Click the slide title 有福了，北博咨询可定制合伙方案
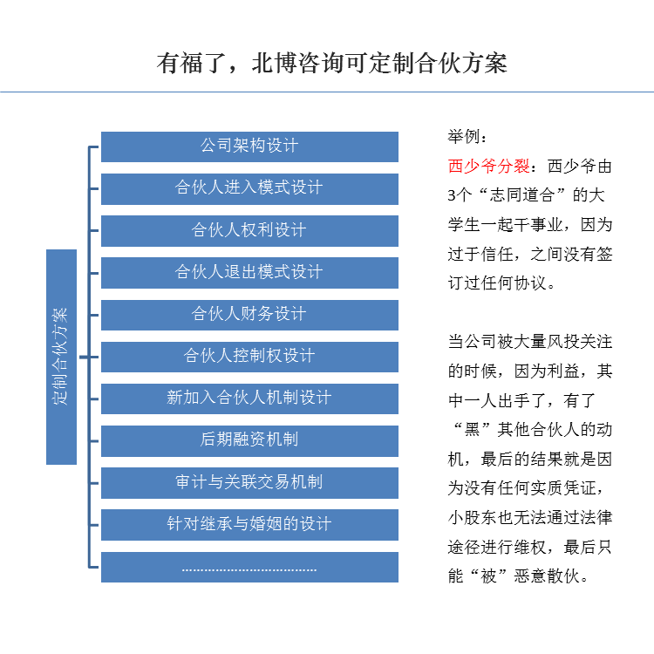tap(332, 64)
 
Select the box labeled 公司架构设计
tap(249, 146)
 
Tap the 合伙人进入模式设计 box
tap(249, 188)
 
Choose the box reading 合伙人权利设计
tap(249, 230)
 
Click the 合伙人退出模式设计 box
tap(249, 272)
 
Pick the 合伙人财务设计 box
tap(249, 314)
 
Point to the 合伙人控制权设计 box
tap(249, 356)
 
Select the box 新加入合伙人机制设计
tap(249, 398)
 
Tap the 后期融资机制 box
tap(249, 439)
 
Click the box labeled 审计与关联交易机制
tap(249, 482)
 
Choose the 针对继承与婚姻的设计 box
tap(249, 524)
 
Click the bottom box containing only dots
tap(249, 567)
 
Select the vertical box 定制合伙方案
tap(61, 357)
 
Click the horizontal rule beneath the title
tap(327, 92)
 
